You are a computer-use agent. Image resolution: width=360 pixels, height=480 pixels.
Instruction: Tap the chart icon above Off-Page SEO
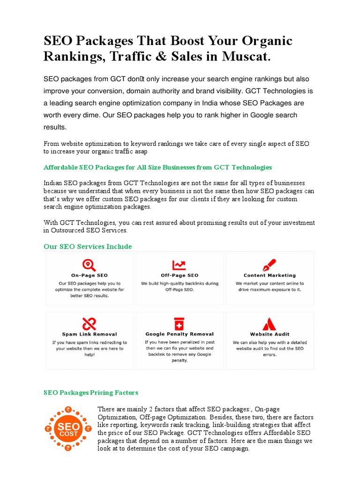tap(179, 265)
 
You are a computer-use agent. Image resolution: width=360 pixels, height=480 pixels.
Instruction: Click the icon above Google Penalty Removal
tap(179, 324)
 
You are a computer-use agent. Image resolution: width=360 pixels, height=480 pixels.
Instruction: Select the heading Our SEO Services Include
tap(88, 247)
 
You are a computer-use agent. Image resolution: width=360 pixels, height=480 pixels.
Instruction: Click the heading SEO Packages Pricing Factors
tap(91, 392)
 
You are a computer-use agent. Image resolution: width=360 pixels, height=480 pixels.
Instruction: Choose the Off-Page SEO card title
tap(179, 276)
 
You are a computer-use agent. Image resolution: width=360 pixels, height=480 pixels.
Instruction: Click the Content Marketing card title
tap(270, 276)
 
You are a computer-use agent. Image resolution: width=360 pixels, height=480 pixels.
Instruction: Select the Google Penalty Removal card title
tap(179, 334)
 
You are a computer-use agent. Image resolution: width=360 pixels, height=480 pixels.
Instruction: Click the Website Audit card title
tap(270, 334)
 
